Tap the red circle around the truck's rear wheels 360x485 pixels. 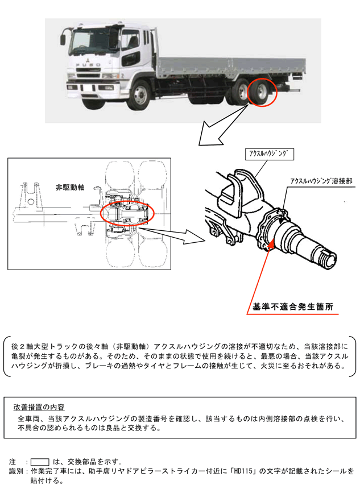pyautogui.click(x=263, y=92)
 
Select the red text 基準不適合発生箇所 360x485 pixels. pyautogui.click(x=293, y=307)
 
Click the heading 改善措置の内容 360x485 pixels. pyautogui.click(x=39, y=407)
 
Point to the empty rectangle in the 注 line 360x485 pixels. pyautogui.click(x=40, y=461)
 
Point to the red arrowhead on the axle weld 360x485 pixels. pyautogui.click(x=272, y=244)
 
